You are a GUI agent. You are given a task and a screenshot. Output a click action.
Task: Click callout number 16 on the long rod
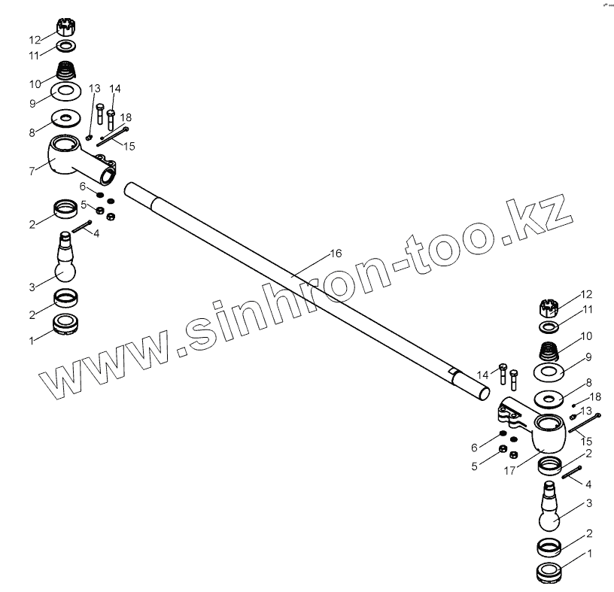[x=336, y=253]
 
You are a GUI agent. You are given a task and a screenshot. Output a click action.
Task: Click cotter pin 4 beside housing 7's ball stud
[x=82, y=226]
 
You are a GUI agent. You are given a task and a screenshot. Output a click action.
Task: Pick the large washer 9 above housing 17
[x=549, y=373]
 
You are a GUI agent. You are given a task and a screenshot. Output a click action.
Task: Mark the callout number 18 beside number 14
[x=126, y=117]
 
